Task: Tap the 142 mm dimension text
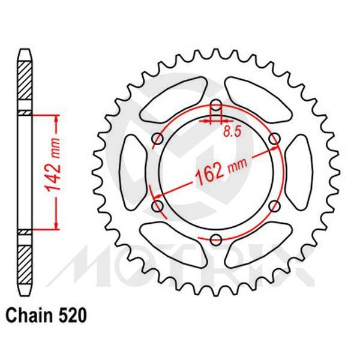pos(52,170)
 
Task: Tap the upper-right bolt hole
pos(274,139)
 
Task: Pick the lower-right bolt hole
pos(274,206)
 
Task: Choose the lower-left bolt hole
pos(158,206)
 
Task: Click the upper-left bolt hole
pos(158,139)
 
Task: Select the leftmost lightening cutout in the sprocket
pos(133,173)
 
